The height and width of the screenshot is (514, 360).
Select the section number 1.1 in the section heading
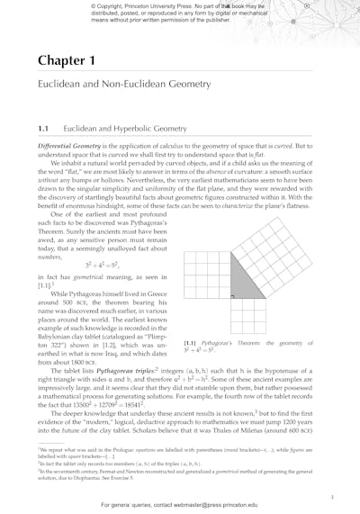click(44, 129)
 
